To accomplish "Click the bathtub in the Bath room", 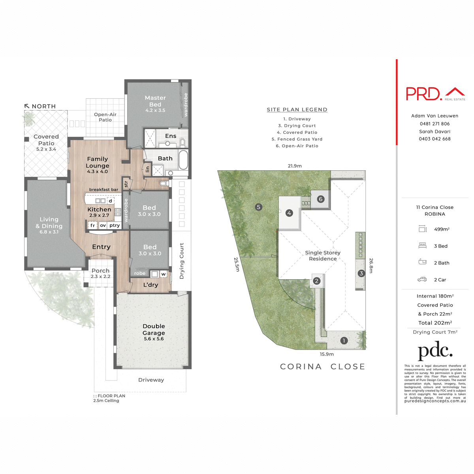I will click(x=183, y=160).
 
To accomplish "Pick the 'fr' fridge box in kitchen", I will click(x=93, y=226).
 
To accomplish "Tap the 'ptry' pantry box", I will click(x=115, y=226).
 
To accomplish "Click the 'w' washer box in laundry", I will click(x=163, y=274).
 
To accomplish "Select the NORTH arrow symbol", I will click(x=27, y=106).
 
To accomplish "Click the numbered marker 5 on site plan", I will click(x=259, y=207).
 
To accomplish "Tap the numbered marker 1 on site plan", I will click(x=344, y=340).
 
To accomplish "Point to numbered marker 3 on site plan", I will click(x=361, y=273).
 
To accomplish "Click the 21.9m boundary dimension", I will click(x=295, y=166).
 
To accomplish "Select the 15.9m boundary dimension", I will click(x=327, y=354).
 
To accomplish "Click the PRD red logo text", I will click(x=423, y=94).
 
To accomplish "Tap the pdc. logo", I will click(x=435, y=351).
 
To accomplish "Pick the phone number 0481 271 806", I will click(x=434, y=124).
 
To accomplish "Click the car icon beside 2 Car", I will click(x=422, y=280).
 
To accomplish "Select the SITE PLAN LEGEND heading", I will click(x=297, y=110).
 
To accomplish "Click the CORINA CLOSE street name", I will click(x=322, y=367).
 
